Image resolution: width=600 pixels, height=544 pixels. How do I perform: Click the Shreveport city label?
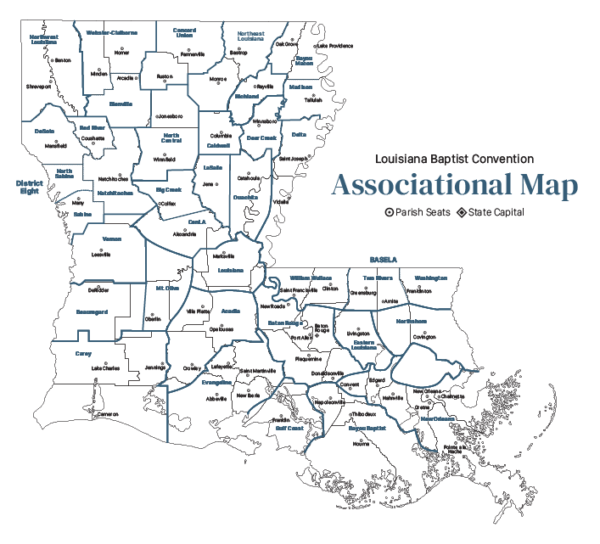(38, 87)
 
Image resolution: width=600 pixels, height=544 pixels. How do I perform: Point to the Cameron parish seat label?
(107, 414)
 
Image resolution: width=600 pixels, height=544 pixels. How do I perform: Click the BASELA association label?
(384, 260)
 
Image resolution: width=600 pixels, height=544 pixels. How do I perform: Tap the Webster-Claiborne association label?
(112, 32)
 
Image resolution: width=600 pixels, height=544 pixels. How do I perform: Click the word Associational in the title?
(412, 186)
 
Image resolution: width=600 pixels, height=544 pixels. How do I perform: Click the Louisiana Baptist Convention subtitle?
(455, 159)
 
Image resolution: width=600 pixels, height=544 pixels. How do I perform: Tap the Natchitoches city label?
(112, 179)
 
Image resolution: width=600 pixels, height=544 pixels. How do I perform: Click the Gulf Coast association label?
(289, 429)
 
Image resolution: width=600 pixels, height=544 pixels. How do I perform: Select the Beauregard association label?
(92, 312)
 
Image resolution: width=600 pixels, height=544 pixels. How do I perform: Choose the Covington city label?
(423, 337)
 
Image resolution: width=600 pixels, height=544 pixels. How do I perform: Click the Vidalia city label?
(281, 202)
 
